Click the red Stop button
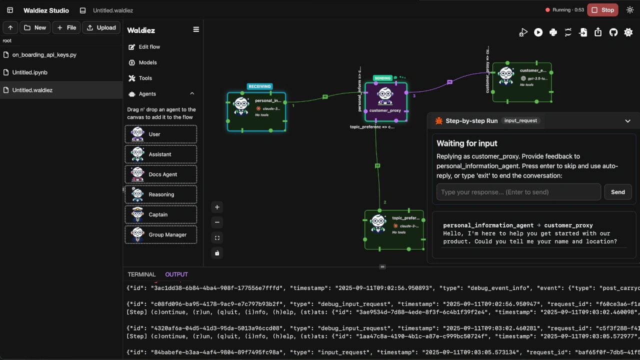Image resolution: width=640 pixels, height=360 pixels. [x=602, y=10]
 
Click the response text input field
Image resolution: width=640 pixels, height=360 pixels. [x=518, y=192]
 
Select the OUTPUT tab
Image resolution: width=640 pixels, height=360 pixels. [x=176, y=274]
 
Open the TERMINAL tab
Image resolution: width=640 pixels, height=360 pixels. [x=141, y=274]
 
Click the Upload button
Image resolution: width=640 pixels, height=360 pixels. [x=101, y=27]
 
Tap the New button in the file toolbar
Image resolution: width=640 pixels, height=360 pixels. [x=35, y=27]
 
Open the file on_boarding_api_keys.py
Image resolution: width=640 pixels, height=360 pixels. [x=44, y=55]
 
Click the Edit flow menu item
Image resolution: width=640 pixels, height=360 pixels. [x=149, y=47]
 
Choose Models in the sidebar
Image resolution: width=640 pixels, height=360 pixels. [x=147, y=62]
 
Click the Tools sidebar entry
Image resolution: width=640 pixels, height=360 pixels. [x=145, y=78]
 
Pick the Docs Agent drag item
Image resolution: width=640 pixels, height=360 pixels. [x=161, y=174]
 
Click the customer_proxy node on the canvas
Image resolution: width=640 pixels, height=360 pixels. [x=385, y=102]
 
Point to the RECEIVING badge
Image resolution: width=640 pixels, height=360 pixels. [x=259, y=86]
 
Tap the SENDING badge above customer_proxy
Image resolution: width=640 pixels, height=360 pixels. [x=382, y=78]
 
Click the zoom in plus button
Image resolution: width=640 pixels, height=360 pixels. [x=217, y=207]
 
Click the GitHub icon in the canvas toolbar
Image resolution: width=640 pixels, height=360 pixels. [x=613, y=32]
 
